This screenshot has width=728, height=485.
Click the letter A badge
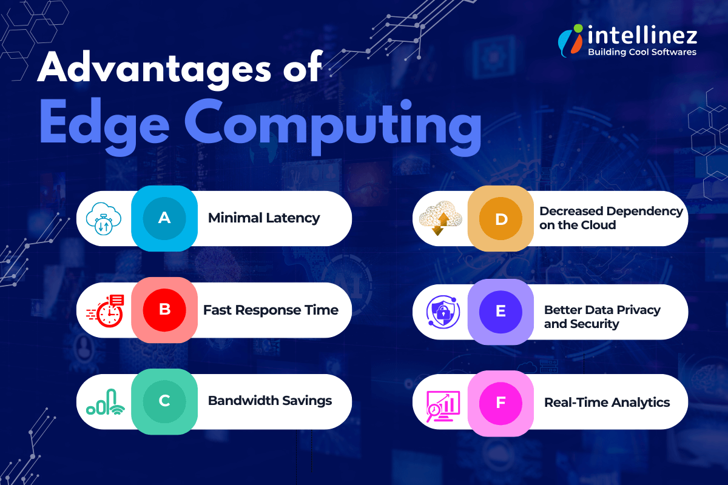164,218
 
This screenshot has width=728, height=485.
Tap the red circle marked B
164,310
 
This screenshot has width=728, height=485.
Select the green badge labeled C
164,401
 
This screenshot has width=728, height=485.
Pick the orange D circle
500,218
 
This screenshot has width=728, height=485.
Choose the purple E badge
500,311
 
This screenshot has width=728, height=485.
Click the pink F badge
500,403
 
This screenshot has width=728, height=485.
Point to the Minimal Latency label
264,218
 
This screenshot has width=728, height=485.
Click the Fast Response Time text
271,310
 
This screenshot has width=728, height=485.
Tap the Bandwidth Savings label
270,401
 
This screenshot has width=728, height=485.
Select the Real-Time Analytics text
607,403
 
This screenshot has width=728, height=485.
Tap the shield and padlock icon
443,312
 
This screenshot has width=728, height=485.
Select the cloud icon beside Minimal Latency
104,218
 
